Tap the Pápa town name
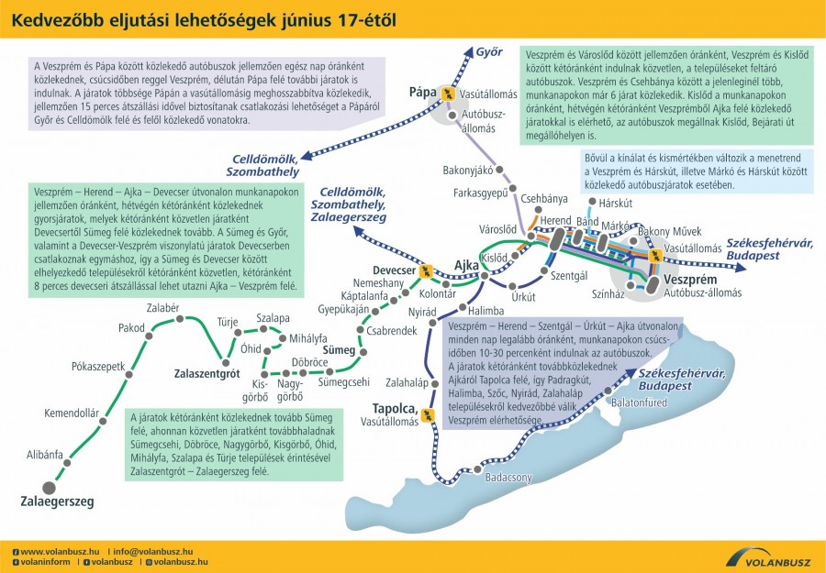pos(422,93)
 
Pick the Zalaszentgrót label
pos(206,374)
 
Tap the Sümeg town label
pos(339,350)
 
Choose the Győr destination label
pos(491,51)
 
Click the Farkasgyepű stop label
pos(480,193)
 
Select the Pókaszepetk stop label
pos(97,366)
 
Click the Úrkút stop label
pos(523,298)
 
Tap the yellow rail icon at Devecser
pos(425,271)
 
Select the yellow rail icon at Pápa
pos(448,93)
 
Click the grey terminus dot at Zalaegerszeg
pos(49,486)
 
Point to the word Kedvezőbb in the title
pos(52,19)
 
